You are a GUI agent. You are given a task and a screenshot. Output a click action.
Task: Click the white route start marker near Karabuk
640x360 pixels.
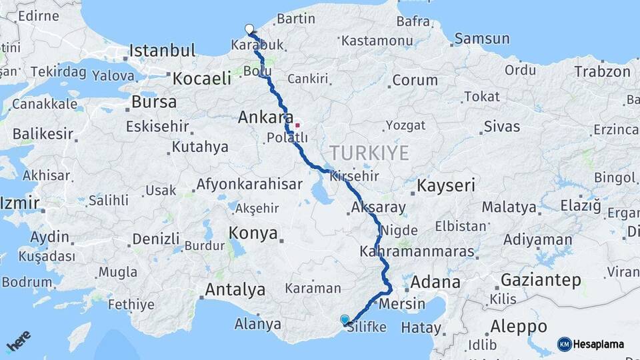click(249, 29)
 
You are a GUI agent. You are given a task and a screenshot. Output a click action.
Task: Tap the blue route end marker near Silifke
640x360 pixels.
click(344, 320)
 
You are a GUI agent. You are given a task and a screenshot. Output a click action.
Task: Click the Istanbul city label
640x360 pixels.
click(162, 51)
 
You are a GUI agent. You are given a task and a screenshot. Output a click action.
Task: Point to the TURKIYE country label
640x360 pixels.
click(369, 153)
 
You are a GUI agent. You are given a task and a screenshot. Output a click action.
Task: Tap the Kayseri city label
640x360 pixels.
click(446, 185)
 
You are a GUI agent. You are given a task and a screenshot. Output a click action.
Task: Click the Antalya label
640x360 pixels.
click(235, 290)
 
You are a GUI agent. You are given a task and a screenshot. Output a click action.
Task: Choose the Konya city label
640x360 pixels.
click(253, 233)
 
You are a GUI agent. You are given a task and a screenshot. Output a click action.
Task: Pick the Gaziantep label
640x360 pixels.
click(541, 280)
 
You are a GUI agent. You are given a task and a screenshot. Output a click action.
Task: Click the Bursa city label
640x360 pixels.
click(154, 103)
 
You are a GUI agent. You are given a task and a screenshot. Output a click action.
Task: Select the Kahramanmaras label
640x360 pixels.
click(417, 253)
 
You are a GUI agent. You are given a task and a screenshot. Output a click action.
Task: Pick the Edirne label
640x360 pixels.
click(39, 16)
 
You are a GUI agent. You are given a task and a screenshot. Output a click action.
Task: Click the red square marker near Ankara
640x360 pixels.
click(297, 125)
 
